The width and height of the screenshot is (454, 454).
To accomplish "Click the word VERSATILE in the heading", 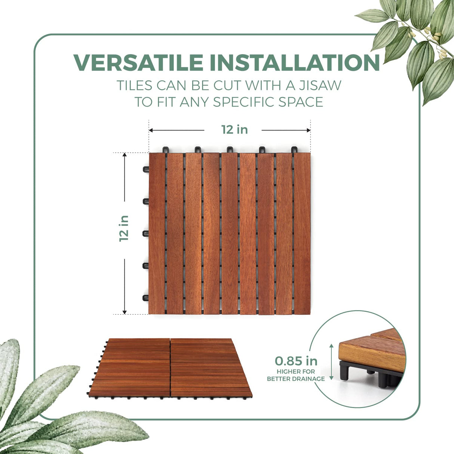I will click(x=138, y=62).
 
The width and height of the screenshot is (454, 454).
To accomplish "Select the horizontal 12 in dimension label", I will click(x=234, y=129).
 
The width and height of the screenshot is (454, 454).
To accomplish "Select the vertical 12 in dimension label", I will click(x=124, y=228).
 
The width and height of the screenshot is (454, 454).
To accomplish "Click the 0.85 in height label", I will click(x=296, y=361).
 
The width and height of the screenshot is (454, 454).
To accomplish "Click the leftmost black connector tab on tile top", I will click(x=165, y=150).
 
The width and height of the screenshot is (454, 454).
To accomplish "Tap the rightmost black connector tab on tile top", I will click(x=294, y=150).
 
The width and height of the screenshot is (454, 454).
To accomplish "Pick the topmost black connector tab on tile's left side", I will click(x=145, y=169).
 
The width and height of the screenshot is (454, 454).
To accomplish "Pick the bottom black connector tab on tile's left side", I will click(x=145, y=298).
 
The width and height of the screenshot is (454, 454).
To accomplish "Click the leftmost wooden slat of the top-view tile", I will click(x=157, y=233).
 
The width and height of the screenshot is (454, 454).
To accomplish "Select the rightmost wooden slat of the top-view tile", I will click(x=302, y=233).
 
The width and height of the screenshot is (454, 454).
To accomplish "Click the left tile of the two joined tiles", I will click(x=131, y=366).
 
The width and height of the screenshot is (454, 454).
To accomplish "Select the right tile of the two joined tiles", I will click(x=209, y=366).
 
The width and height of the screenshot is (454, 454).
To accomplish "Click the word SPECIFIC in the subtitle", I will click(x=261, y=102).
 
